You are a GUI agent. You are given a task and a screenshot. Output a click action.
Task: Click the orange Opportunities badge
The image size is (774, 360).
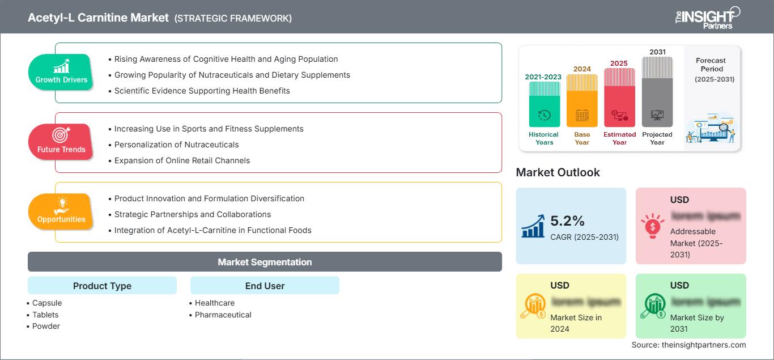[61, 211]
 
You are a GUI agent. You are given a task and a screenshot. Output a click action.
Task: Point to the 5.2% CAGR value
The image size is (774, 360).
[568, 221]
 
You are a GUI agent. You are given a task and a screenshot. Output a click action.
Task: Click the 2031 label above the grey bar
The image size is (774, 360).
[657, 52]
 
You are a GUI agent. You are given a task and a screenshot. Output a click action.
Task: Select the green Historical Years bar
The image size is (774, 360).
[544, 105]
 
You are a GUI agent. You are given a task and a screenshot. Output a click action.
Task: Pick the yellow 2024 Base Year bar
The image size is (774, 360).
[582, 101]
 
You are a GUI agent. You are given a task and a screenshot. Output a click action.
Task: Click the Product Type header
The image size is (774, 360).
[102, 286]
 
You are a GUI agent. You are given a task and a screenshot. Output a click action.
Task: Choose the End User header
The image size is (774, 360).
[265, 286]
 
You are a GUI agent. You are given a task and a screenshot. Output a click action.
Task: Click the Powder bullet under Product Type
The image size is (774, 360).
[46, 326]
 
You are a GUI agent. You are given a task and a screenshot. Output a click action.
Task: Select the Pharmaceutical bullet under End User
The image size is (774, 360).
[223, 315]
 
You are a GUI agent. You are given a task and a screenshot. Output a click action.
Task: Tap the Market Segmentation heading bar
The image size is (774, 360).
[265, 262]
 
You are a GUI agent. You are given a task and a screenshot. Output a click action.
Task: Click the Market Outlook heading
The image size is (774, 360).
[558, 172]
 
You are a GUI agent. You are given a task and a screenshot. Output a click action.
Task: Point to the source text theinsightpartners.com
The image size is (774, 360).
[688, 345]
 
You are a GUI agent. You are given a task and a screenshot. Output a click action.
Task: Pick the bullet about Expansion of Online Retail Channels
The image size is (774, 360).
[182, 160]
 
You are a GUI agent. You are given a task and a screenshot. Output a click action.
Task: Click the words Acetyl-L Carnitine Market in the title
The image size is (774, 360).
[98, 18]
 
